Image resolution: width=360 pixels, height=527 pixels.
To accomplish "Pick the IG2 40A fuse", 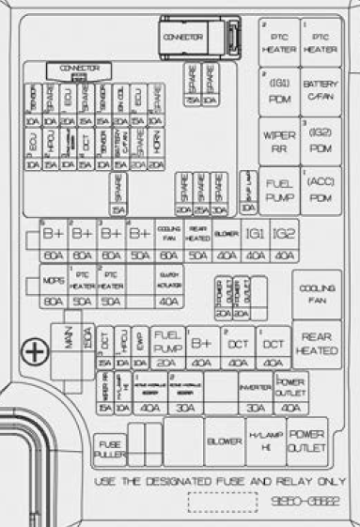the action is [284, 240].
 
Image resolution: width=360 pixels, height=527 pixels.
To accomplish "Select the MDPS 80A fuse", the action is [54, 288].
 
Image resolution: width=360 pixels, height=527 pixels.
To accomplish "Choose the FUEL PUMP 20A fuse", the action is [167, 349].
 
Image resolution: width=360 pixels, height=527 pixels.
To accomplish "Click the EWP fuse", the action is [139, 349].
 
